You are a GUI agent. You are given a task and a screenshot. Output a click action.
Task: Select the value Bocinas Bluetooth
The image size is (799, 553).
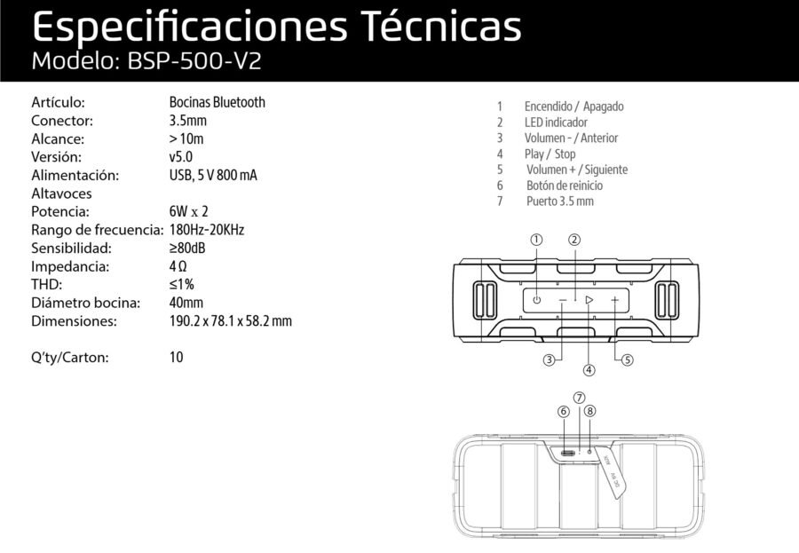coord(217,102)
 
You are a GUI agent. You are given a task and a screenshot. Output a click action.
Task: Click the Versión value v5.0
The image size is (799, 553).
coord(180,156)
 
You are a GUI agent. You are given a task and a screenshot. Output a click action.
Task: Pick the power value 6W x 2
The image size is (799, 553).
coord(188,211)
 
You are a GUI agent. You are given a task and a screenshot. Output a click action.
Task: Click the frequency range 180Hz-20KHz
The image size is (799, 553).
coord(206,230)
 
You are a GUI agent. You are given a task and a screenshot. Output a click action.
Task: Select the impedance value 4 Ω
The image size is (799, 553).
coord(178,266)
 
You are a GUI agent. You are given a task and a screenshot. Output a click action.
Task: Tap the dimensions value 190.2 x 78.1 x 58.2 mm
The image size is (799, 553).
coord(230,321)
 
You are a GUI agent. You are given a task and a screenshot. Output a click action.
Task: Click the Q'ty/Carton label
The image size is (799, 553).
coord(70,358)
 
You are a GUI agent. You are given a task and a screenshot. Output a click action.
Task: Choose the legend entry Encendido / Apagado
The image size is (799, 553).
coord(574,107)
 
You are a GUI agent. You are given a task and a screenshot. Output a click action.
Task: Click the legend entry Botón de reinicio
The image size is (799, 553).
coord(564,186)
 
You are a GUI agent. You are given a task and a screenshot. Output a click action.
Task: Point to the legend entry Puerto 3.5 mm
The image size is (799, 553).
coord(559,201)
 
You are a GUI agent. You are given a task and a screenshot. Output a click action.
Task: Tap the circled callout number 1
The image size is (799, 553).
coord(536,239)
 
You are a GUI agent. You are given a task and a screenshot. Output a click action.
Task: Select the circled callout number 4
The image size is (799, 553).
coord(589,369)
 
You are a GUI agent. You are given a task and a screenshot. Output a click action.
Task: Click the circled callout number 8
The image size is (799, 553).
coord(590,411)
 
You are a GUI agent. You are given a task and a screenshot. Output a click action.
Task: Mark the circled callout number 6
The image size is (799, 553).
coord(563,411)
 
